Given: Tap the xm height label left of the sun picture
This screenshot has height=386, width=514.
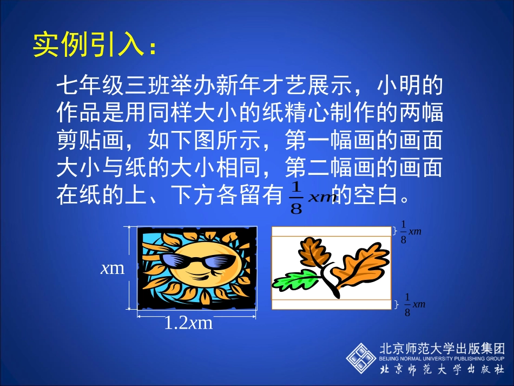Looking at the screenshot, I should tap(113, 268).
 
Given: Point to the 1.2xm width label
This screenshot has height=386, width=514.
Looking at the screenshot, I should tap(188, 323).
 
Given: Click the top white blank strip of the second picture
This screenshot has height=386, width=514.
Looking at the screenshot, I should tap(331, 231).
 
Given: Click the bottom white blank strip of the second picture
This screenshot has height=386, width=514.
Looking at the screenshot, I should tap(331, 304).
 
